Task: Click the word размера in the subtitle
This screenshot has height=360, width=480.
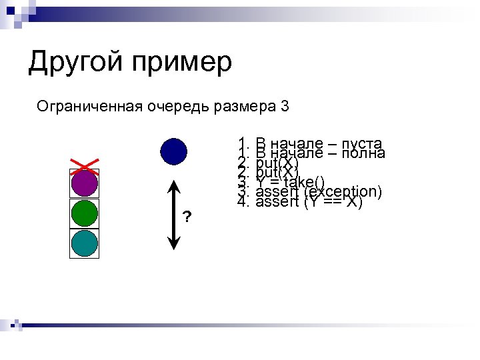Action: [x=245, y=107]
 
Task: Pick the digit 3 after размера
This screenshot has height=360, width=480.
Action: [x=285, y=106]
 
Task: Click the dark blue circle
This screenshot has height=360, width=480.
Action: [x=173, y=151]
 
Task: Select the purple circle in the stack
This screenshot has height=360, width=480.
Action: [x=85, y=183]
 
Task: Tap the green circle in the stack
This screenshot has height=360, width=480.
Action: [x=85, y=213]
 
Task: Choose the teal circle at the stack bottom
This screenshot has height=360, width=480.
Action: [x=85, y=243]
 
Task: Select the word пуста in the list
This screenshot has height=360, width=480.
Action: [x=361, y=143]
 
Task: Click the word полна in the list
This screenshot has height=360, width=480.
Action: [x=363, y=153]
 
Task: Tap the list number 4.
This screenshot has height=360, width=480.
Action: [x=241, y=202]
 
